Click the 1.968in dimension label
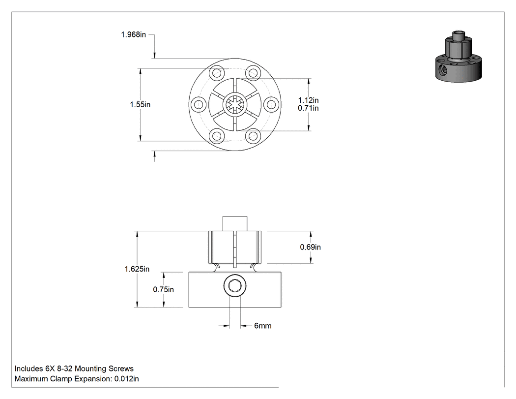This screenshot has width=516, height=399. (x=133, y=34)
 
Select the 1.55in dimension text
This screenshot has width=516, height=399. (x=140, y=104)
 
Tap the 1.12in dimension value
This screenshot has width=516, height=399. (x=308, y=100)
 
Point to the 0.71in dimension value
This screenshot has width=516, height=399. (x=308, y=108)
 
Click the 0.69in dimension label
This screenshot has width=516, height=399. (x=310, y=247)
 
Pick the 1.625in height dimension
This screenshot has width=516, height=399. (x=137, y=269)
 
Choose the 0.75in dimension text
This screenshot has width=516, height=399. (x=164, y=290)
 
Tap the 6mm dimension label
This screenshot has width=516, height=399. (x=263, y=326)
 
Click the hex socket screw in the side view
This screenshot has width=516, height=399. (x=235, y=285)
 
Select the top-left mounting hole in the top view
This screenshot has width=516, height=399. (x=217, y=72)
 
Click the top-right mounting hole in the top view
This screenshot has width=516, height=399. (x=253, y=72)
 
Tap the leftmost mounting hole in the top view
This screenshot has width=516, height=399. (x=199, y=104)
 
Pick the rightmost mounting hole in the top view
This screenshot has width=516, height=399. (x=271, y=104)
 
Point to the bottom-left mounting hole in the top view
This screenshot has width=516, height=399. (x=217, y=136)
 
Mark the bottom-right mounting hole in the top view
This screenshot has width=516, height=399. (x=253, y=136)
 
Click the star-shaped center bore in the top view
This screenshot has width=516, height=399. (x=235, y=104)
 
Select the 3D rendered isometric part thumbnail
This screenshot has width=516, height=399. (x=459, y=57)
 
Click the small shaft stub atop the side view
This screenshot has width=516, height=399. (x=235, y=224)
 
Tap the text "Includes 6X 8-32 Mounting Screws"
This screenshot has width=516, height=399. (x=74, y=368)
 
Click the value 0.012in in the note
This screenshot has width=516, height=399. (x=127, y=379)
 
